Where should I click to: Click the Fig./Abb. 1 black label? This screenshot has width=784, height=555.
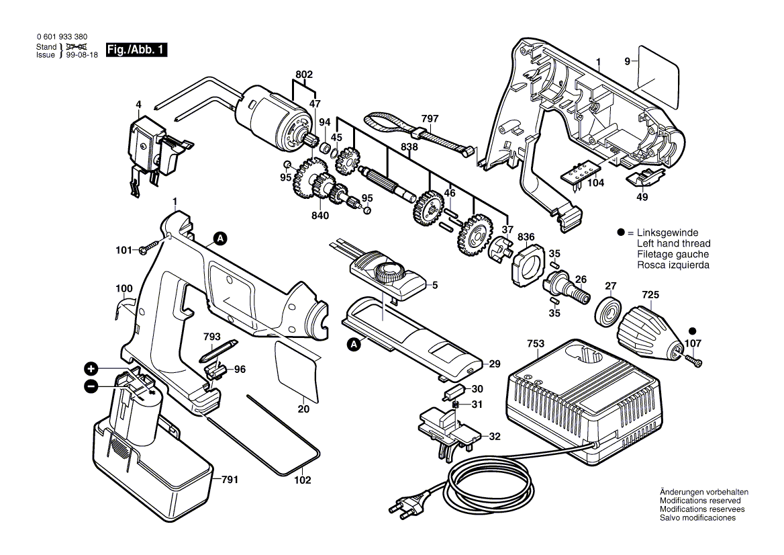pyautogui.click(x=136, y=50)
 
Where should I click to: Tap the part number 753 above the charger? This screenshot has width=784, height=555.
pyautogui.click(x=536, y=344)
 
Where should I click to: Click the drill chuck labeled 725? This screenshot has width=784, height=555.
pyautogui.click(x=649, y=333)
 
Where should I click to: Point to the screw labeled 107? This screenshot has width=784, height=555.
pyautogui.click(x=694, y=359)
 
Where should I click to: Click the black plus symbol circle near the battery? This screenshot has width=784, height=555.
pyautogui.click(x=91, y=370)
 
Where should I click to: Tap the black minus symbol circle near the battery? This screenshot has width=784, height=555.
pyautogui.click(x=91, y=386)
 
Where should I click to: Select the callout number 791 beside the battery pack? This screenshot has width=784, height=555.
pyautogui.click(x=230, y=480)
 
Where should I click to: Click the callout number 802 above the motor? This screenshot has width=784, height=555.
pyautogui.click(x=304, y=75)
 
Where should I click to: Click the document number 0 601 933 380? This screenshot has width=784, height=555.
pyautogui.click(x=62, y=36)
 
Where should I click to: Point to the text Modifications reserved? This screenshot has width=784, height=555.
pyautogui.click(x=700, y=501)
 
